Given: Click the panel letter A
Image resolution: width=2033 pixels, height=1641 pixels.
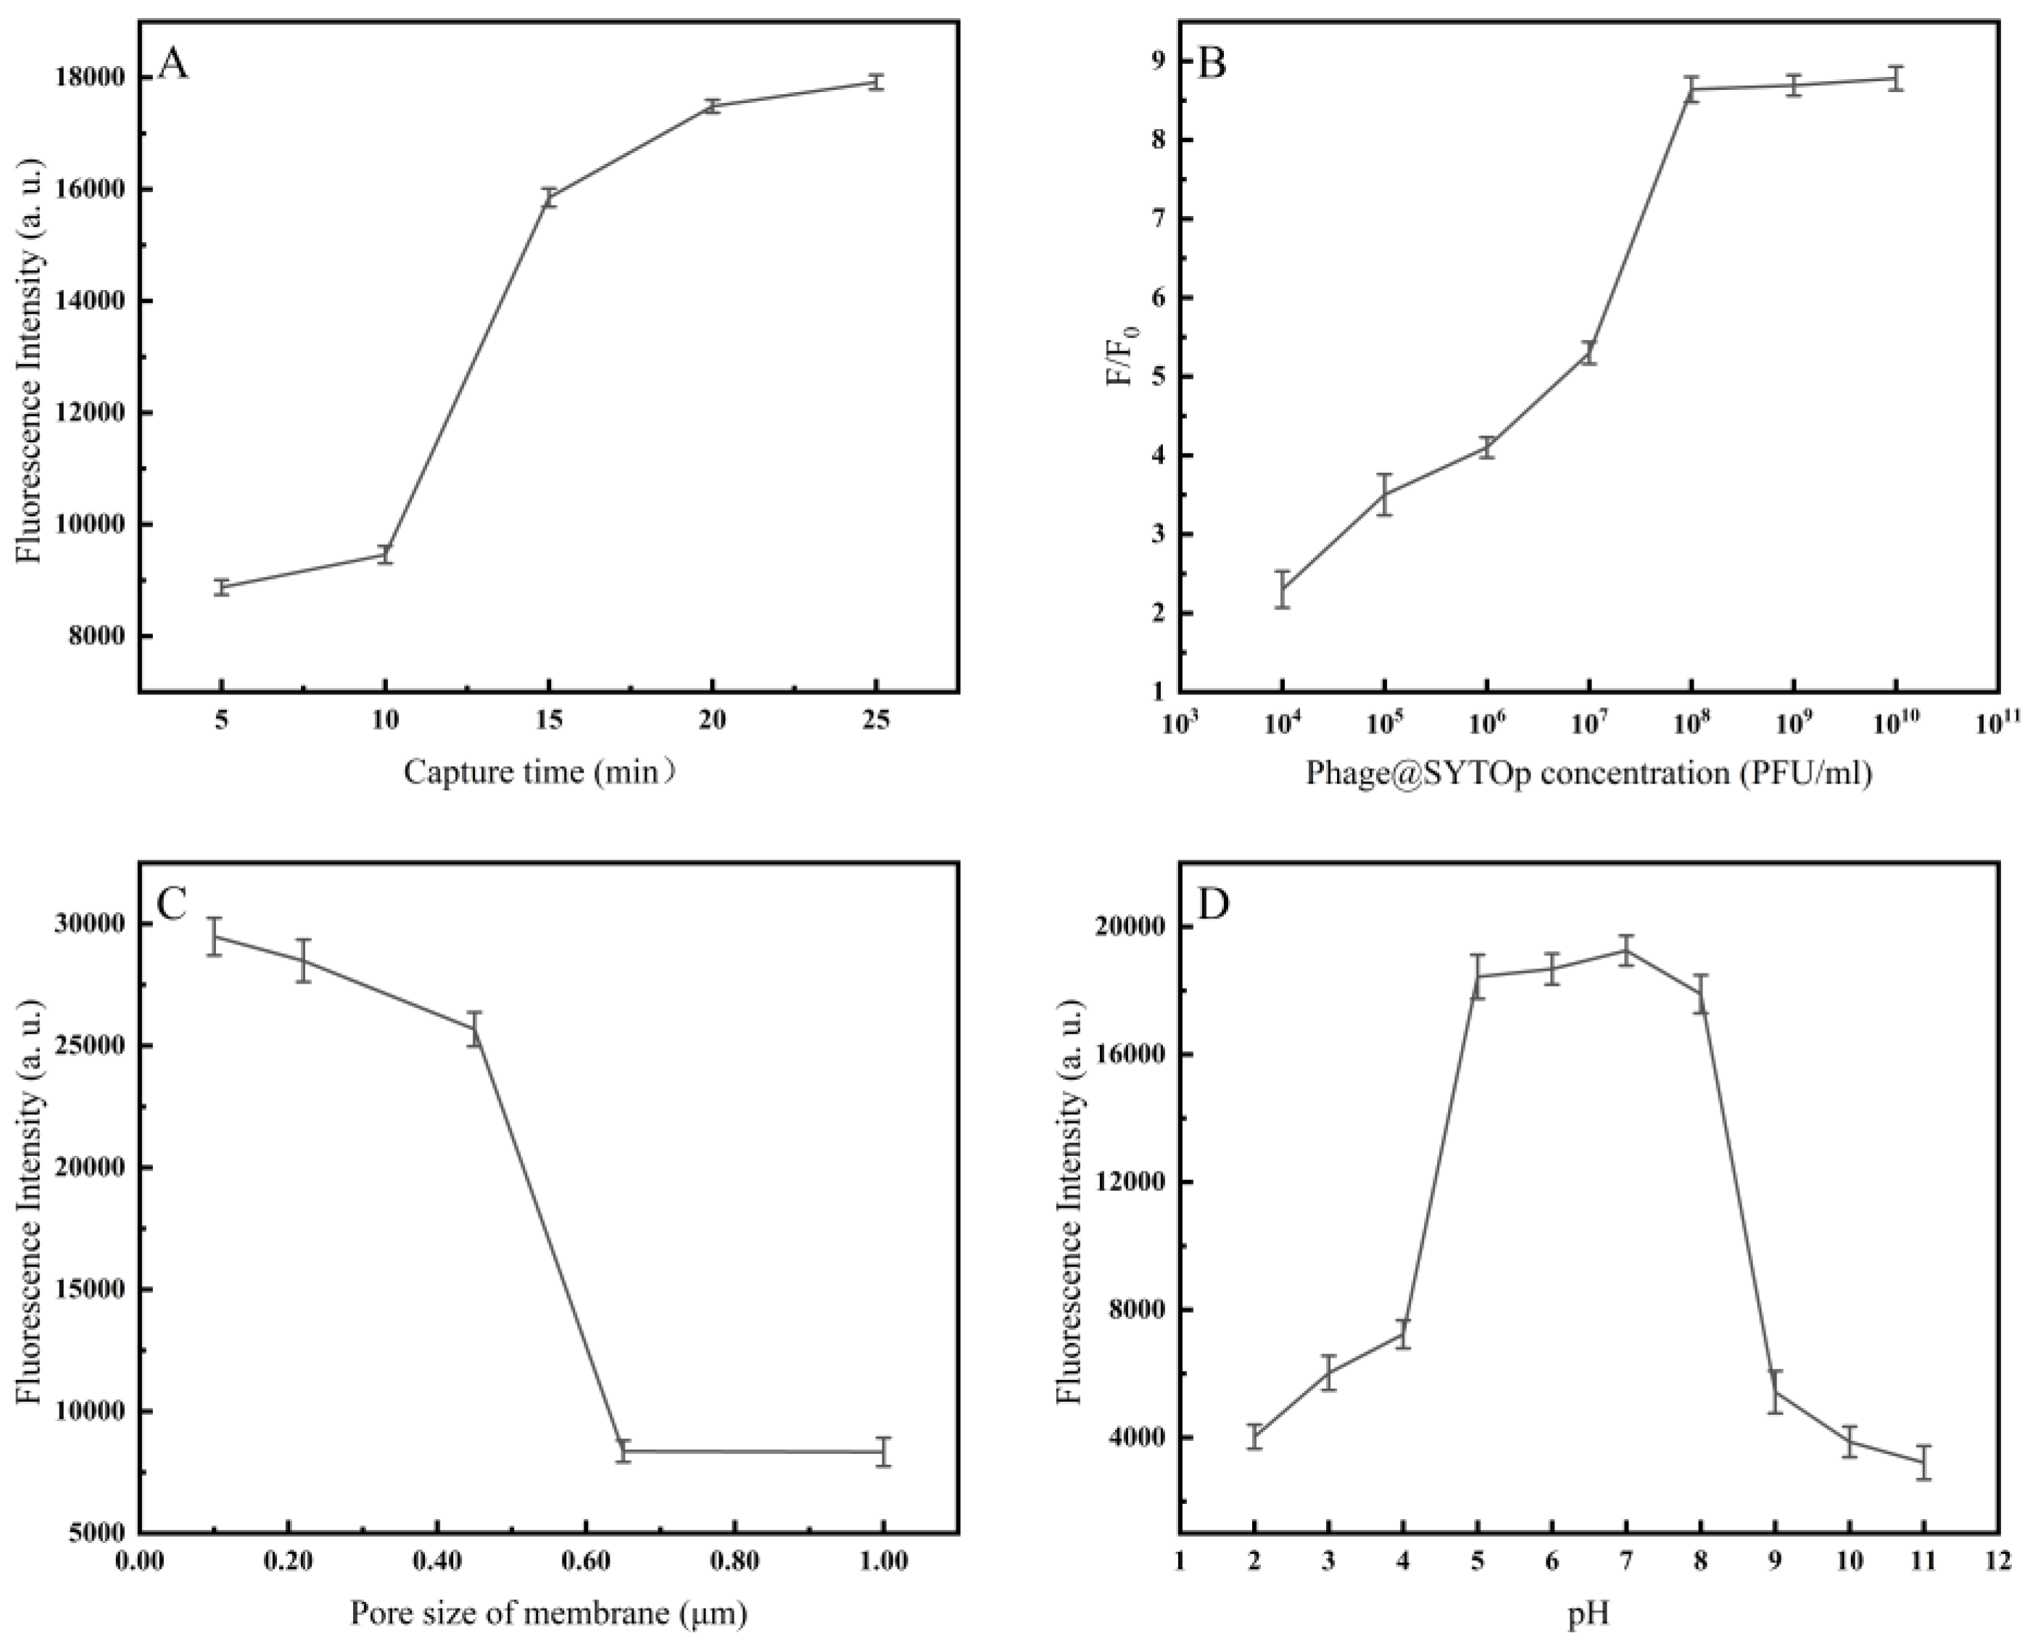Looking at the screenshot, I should [173, 65].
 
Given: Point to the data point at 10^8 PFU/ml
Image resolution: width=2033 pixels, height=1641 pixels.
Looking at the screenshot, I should [1692, 90].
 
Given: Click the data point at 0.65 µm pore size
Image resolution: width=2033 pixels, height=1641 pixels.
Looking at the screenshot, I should [623, 1450].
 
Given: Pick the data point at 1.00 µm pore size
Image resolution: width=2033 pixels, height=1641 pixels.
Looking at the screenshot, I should [883, 1451].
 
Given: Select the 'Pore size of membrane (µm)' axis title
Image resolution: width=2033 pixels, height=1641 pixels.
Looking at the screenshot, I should [548, 1612].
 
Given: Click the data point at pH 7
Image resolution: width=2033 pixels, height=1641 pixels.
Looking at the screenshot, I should [1626, 950].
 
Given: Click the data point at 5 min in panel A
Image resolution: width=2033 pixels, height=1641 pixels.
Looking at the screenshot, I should [221, 587].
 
